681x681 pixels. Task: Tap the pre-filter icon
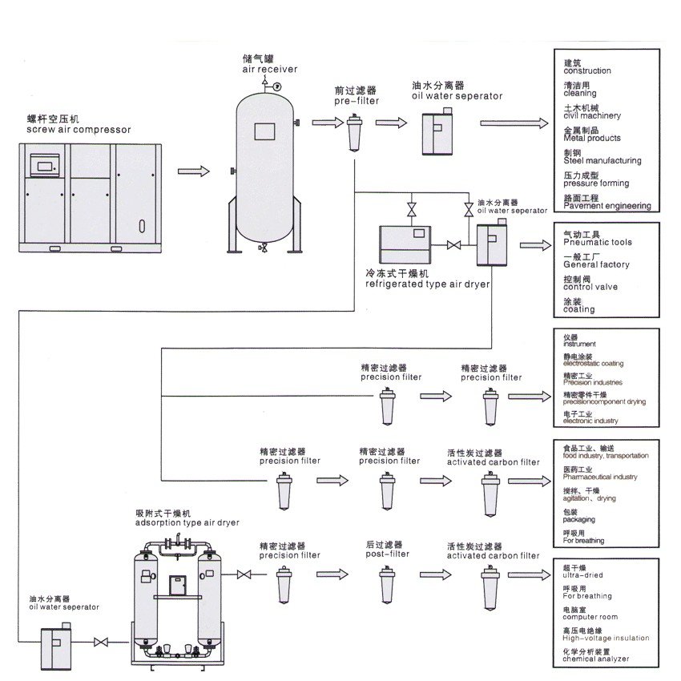(353, 131)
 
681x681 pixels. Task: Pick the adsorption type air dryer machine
(179, 597)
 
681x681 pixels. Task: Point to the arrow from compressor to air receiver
(194, 171)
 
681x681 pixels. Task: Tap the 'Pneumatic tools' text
(597, 242)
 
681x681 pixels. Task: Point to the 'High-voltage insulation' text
(606, 638)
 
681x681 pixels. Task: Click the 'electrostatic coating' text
(593, 364)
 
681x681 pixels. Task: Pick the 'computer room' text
(590, 617)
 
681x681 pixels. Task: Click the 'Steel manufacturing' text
(602, 161)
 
